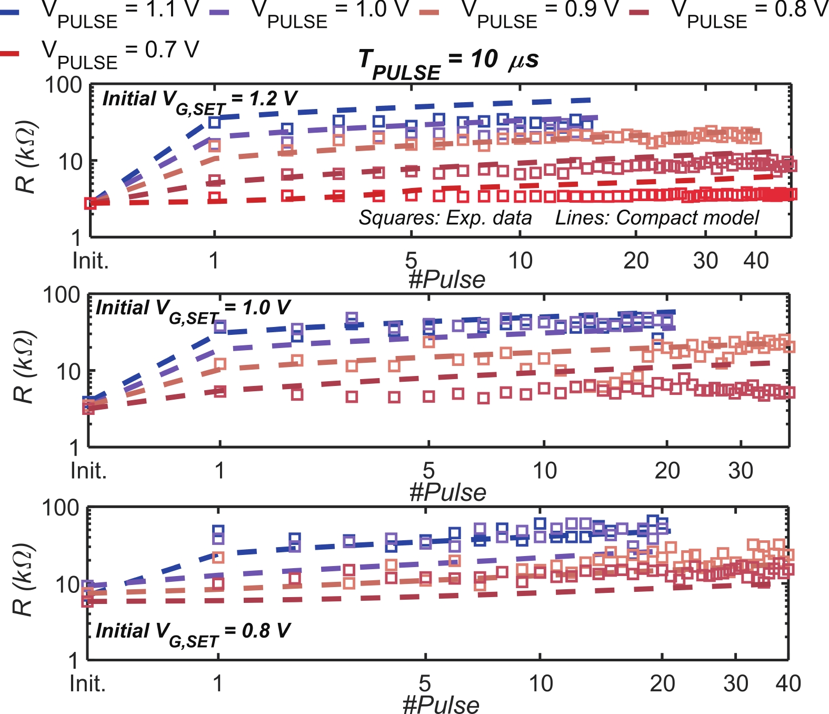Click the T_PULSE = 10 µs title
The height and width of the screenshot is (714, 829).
pyautogui.click(x=448, y=62)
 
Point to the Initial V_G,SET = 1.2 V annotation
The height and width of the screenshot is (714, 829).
pyautogui.click(x=200, y=100)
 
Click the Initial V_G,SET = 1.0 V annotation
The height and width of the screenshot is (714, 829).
pyautogui.click(x=193, y=310)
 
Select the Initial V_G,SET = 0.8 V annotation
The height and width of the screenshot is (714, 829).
pyautogui.click(x=193, y=632)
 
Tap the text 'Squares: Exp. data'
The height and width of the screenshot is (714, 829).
pyautogui.click(x=445, y=217)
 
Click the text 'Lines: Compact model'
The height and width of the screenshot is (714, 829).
pyautogui.click(x=657, y=217)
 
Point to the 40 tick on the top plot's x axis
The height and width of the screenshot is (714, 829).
pyautogui.click(x=756, y=261)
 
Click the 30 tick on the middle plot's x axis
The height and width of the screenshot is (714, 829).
pyautogui.click(x=741, y=470)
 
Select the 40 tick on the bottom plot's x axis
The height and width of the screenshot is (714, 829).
pyautogui.click(x=788, y=683)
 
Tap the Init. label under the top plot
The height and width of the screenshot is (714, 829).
pyautogui.click(x=91, y=261)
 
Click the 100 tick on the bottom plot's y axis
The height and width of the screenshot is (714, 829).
pyautogui.click(x=60, y=508)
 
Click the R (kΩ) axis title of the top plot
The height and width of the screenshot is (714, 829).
pyautogui.click(x=25, y=158)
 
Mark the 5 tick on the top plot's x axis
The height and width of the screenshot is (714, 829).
pyautogui.click(x=411, y=261)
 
